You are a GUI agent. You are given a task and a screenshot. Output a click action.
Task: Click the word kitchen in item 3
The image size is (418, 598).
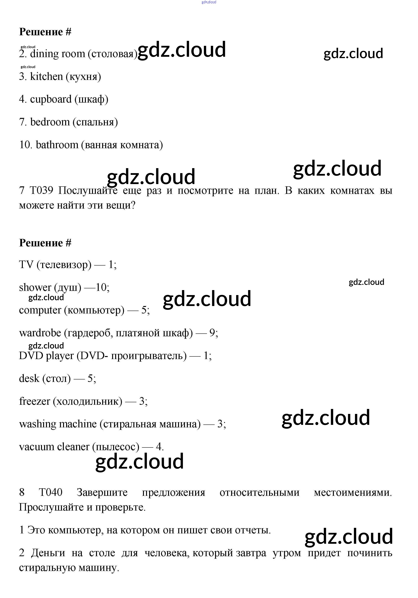click(47, 76)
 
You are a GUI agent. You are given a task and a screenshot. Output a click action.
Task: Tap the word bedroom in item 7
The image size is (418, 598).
click(50, 122)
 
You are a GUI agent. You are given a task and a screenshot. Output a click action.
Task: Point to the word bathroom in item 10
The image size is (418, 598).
click(57, 145)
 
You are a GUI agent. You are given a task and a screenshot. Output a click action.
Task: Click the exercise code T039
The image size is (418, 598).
click(41, 191)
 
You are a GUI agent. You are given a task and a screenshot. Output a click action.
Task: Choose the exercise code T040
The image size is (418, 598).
click(50, 492)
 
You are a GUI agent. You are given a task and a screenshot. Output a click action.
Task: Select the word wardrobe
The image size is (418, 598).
click(40, 333)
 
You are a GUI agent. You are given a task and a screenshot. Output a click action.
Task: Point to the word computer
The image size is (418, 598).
click(40, 310)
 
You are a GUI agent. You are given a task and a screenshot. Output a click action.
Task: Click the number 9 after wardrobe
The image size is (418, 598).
click(212, 333)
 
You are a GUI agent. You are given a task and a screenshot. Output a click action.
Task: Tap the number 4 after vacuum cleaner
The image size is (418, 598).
click(158, 447)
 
